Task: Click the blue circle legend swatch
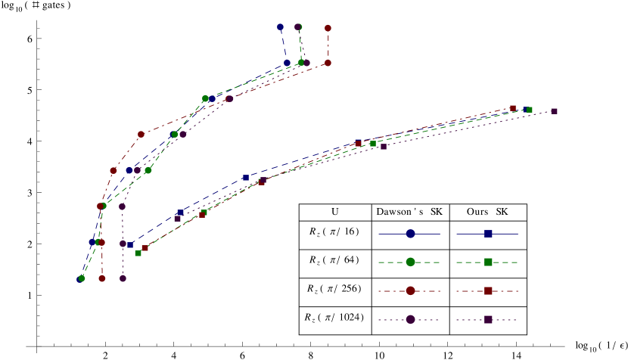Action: (410, 234)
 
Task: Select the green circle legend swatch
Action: (410, 262)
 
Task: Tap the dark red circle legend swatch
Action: (410, 291)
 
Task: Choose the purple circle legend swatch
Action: (410, 320)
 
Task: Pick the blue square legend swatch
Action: (488, 234)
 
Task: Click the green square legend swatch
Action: (488, 262)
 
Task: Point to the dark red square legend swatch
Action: (488, 291)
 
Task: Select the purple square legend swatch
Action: (488, 320)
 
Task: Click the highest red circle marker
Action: (328, 28)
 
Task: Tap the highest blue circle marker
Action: (280, 27)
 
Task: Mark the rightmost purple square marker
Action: (554, 111)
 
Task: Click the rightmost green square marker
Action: (530, 110)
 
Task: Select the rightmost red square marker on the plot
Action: (512, 108)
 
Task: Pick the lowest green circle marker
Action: (82, 278)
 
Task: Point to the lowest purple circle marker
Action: (123, 278)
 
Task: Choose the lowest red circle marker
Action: (102, 278)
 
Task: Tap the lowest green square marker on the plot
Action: (138, 253)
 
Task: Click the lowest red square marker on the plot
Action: (145, 248)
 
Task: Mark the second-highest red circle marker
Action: (328, 63)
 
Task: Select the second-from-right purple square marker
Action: (384, 147)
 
